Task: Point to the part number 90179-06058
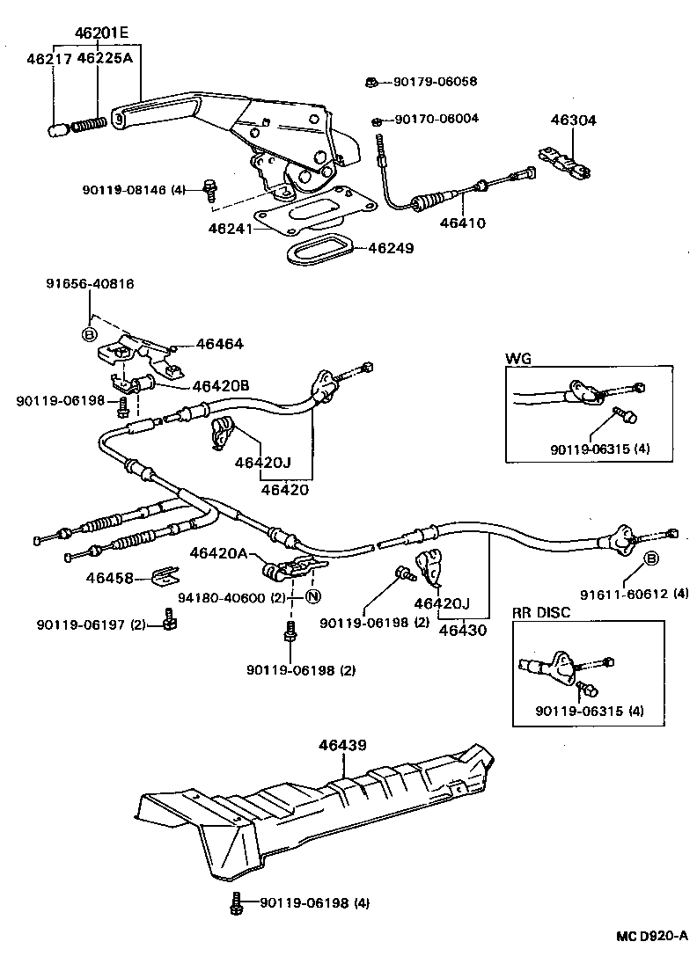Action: pyautogui.click(x=435, y=82)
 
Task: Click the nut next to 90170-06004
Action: pyautogui.click(x=378, y=119)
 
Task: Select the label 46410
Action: pyautogui.click(x=463, y=223)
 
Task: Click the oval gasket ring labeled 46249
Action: pyautogui.click(x=319, y=249)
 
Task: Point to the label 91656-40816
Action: pyautogui.click(x=90, y=283)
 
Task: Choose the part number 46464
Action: pyautogui.click(x=219, y=345)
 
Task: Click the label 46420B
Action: pyautogui.click(x=221, y=385)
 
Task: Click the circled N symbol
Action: pyautogui.click(x=312, y=598)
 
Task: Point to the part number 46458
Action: pyautogui.click(x=109, y=578)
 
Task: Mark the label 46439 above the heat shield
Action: pyautogui.click(x=342, y=745)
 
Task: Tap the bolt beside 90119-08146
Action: pyautogui.click(x=209, y=186)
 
